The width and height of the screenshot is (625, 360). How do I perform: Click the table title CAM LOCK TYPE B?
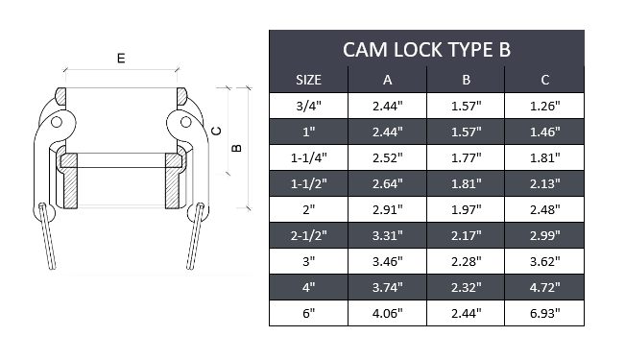click(x=426, y=49)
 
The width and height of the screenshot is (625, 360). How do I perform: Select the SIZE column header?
click(x=307, y=80)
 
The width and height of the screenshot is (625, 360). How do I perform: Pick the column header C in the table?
click(x=543, y=80)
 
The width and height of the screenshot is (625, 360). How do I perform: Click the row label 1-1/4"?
click(x=307, y=157)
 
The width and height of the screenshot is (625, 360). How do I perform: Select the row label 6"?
click(x=307, y=312)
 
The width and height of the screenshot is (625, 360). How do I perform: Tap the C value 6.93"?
click(x=543, y=312)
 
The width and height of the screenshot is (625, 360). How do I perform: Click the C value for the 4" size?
click(x=543, y=286)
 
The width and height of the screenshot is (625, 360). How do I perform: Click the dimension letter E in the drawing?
click(x=120, y=59)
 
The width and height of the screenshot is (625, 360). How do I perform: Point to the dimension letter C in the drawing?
click(x=216, y=132)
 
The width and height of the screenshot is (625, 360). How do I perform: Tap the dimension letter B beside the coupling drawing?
click(x=236, y=147)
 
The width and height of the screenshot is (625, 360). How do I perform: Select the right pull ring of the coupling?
click(x=196, y=236)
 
